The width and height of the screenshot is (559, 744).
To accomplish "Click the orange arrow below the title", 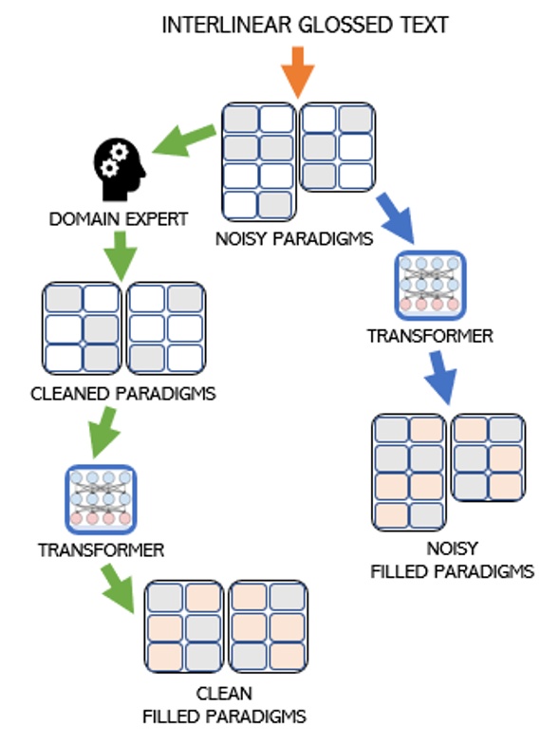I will (x=298, y=71).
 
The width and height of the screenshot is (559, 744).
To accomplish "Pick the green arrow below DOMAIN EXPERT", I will (x=120, y=255).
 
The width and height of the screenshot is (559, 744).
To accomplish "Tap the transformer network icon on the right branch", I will (x=429, y=284).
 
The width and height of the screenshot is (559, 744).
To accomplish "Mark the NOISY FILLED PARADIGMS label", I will (x=451, y=560).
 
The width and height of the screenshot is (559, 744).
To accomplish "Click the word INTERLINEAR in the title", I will (x=224, y=26).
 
